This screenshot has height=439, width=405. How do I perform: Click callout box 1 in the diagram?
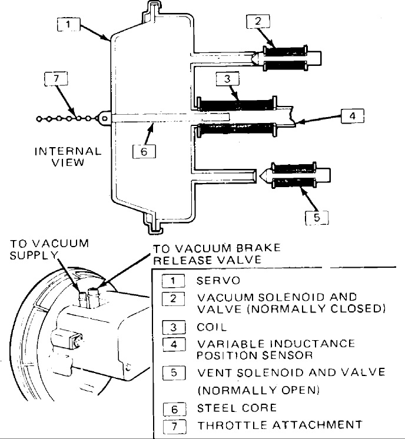pos(68,25)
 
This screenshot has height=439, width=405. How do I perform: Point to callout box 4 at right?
pos(352,116)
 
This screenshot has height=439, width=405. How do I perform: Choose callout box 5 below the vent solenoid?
pos(316,217)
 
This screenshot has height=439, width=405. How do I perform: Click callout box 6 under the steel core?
pos(144,151)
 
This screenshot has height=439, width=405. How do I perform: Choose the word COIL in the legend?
pos(212,327)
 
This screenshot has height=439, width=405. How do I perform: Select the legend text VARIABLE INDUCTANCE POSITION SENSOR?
pos(275,349)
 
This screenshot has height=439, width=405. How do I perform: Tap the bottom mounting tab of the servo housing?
pos(155,223)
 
